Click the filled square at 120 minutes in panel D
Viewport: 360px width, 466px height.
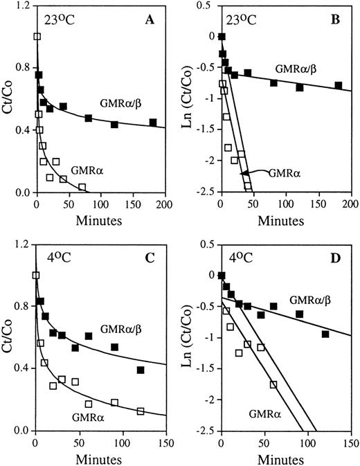tap(325, 334)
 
